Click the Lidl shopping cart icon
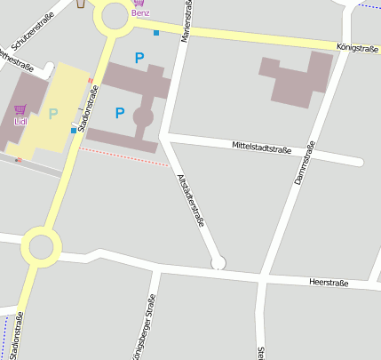tap(20, 109)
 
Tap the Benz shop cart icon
tap(139, 3)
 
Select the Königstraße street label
tap(357, 47)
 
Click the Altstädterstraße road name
tap(191, 199)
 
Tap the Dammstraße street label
tap(305, 164)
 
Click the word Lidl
tap(20, 122)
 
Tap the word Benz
tap(139, 14)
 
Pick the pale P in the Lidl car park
tap(52, 113)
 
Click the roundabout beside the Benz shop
tap(115, 15)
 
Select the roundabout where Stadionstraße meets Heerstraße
tap(40, 246)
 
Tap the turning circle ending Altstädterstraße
tap(218, 262)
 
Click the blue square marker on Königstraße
tap(156, 33)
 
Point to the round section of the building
tap(143, 116)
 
